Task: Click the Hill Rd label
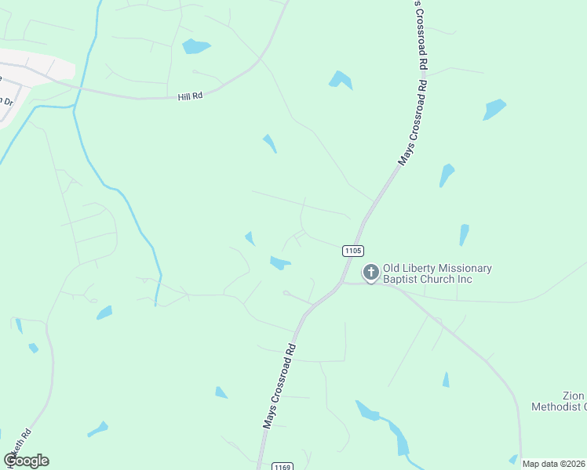[190, 96]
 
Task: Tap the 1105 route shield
[352, 251]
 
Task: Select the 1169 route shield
[283, 467]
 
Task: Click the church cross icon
[370, 273]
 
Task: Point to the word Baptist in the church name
[402, 280]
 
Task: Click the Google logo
[26, 461]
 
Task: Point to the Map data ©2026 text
[553, 464]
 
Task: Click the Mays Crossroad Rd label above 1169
[279, 385]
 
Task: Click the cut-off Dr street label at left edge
[9, 102]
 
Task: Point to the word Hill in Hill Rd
[184, 96]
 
